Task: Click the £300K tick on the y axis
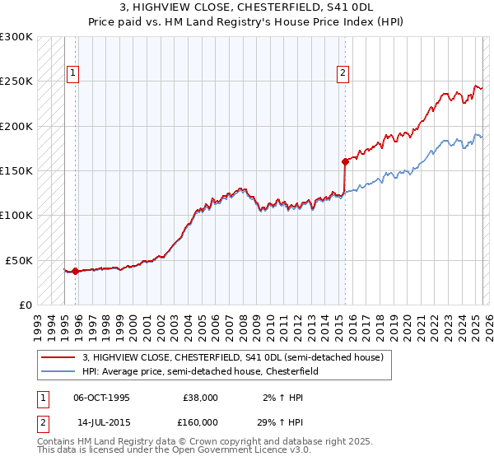[16, 37]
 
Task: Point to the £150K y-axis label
[16, 170]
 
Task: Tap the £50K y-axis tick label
[20, 260]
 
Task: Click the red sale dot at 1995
[75, 271]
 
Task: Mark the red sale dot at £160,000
[344, 161]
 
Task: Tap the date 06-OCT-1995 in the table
[101, 398]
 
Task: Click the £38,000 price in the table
[200, 398]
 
